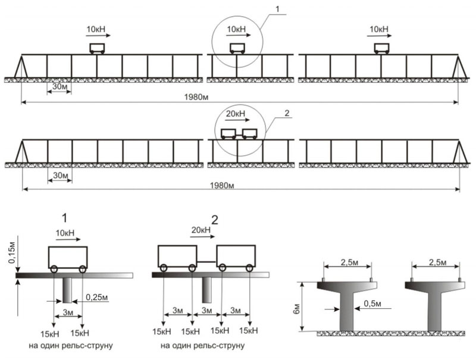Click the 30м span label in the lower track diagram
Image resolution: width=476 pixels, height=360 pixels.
coord(59,176)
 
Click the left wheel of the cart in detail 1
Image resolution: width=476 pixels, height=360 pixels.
coord(54,270)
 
